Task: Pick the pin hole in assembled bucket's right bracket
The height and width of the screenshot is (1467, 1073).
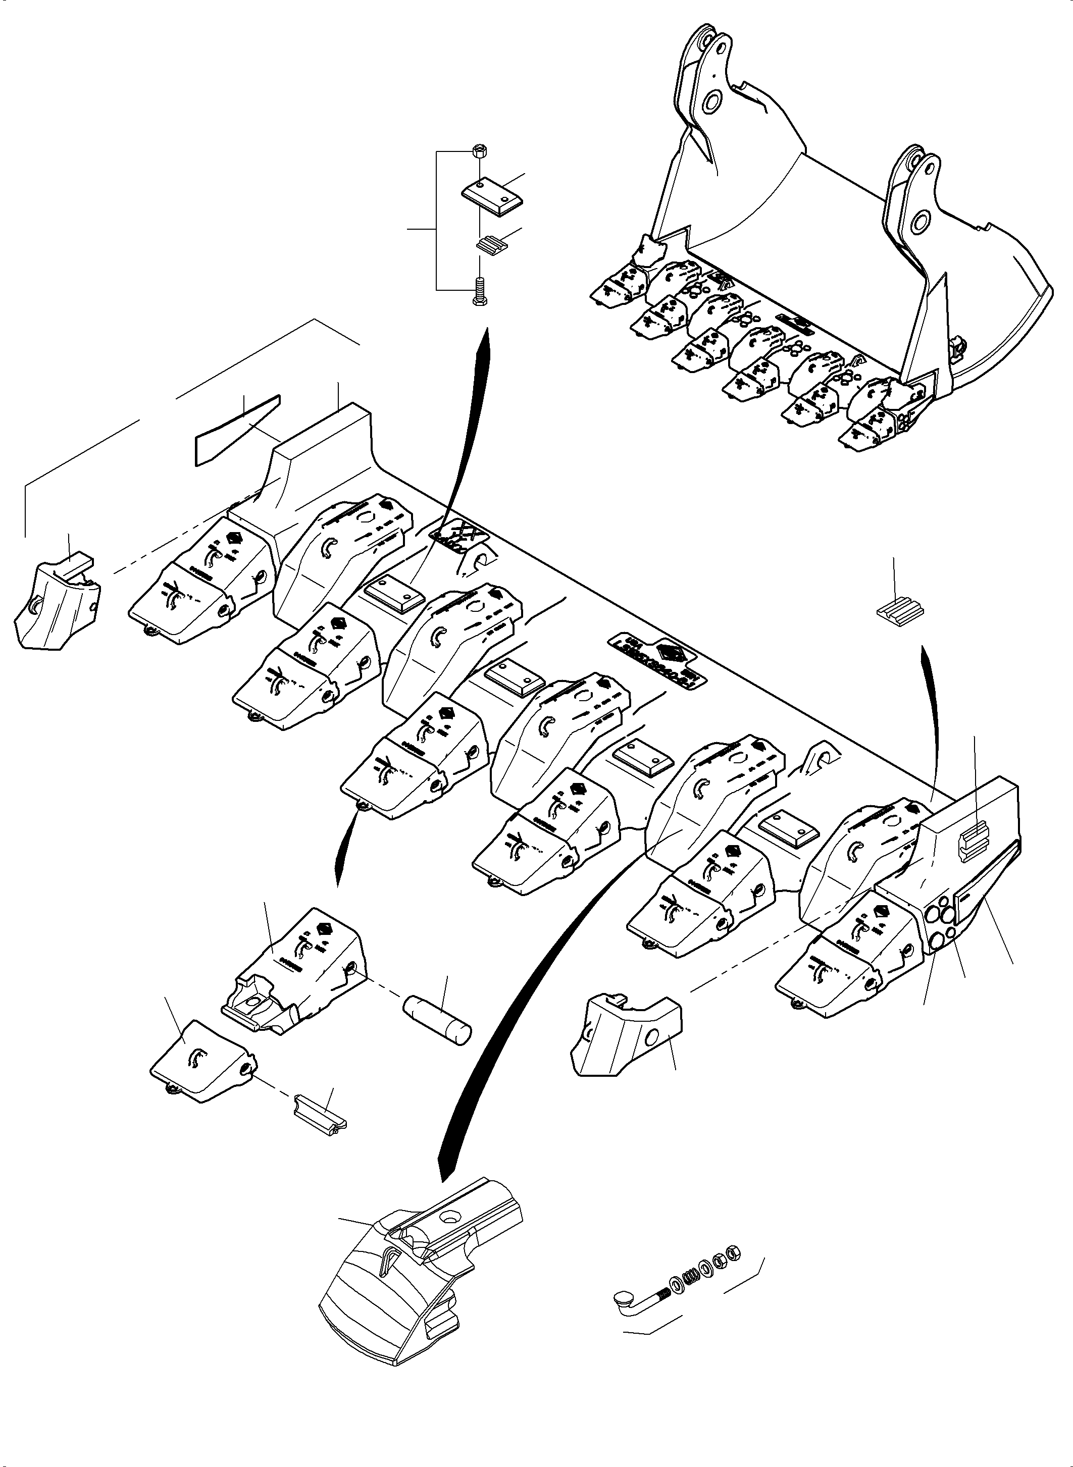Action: (x=919, y=223)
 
